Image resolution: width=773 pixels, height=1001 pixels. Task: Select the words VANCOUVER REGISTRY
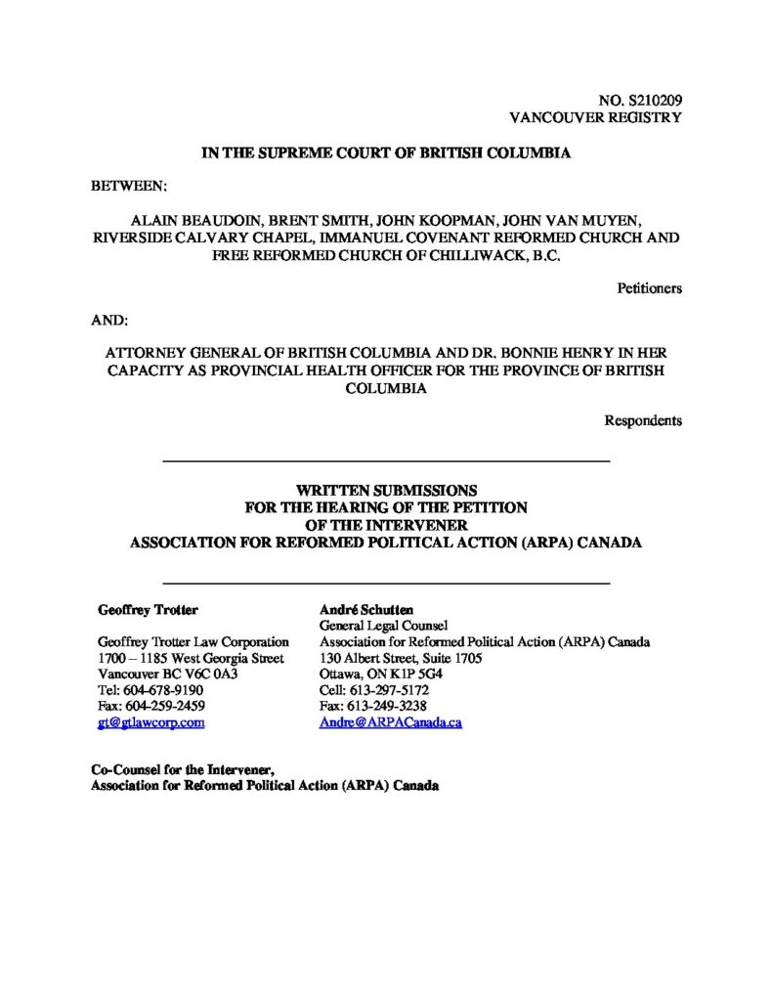(x=596, y=117)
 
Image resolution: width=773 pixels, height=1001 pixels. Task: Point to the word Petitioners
(x=650, y=287)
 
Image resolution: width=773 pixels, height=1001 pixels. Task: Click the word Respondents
(x=643, y=421)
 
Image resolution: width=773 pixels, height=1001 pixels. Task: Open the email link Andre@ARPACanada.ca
(x=390, y=721)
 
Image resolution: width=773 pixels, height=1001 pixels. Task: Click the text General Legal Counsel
(x=383, y=627)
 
